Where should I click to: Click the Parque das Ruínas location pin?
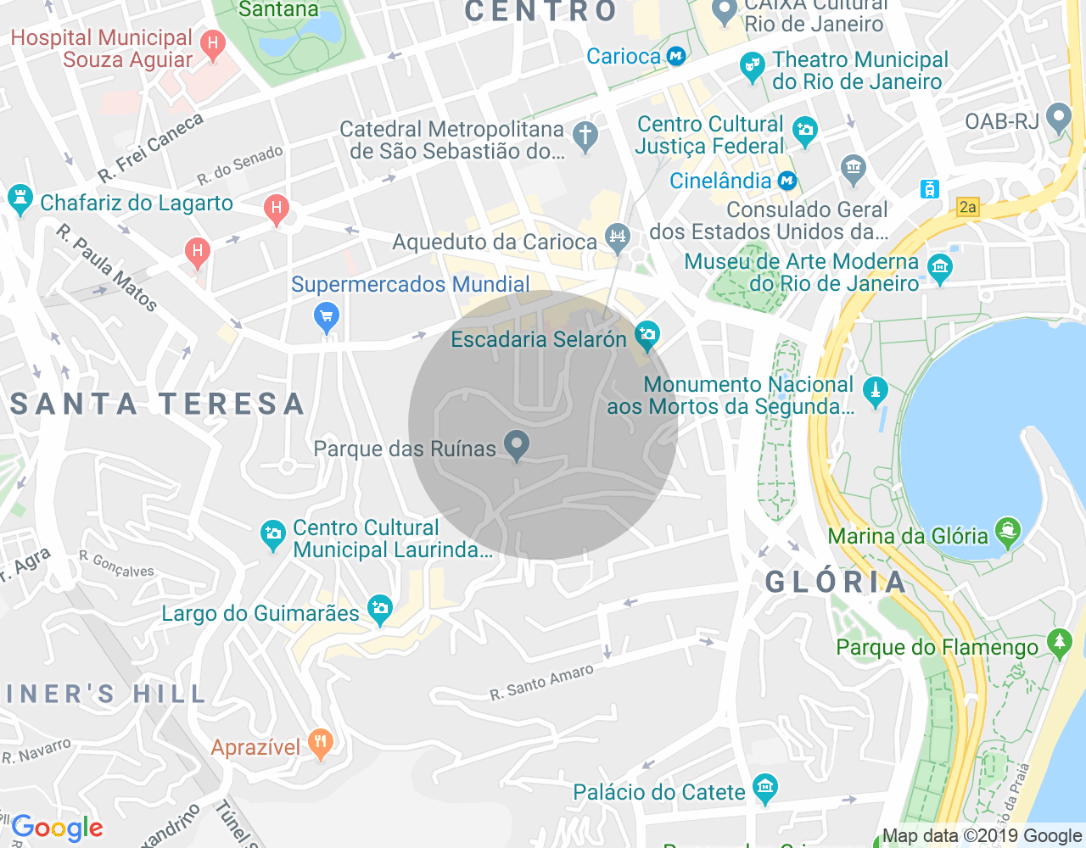516,444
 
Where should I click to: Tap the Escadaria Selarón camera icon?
647,336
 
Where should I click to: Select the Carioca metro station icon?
676,57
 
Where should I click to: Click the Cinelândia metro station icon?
787,181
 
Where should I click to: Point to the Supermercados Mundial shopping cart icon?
326,317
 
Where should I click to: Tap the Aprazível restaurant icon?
320,744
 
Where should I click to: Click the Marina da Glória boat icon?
1007,533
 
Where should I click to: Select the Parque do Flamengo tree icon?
1059,643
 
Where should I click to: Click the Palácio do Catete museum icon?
765,789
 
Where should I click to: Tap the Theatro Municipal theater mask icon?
752,66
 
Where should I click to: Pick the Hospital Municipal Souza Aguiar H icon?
213,43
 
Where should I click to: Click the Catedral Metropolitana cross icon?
585,136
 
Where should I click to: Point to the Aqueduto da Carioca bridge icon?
618,237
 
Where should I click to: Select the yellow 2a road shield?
967,207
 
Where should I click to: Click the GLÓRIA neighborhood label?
836,583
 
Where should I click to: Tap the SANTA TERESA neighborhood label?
158,404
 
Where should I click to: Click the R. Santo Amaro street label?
541,683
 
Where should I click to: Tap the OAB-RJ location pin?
1059,117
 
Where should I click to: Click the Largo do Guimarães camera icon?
380,609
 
